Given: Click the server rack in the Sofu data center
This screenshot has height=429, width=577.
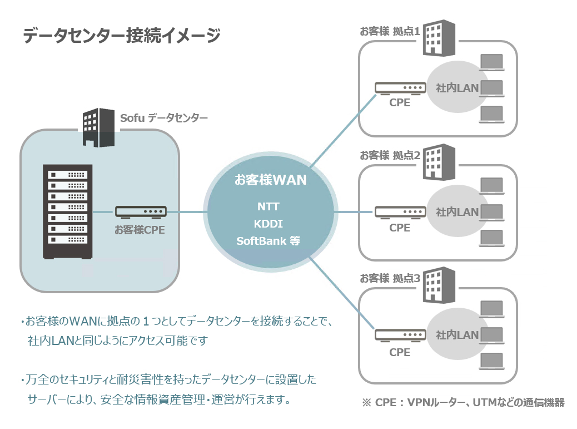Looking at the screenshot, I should pyautogui.click(x=66, y=211).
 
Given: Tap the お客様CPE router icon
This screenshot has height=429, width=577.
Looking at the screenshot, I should pyautogui.click(x=140, y=212).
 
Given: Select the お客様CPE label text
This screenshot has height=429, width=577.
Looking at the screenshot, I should pyautogui.click(x=140, y=229).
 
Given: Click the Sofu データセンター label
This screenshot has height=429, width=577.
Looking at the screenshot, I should pyautogui.click(x=164, y=118).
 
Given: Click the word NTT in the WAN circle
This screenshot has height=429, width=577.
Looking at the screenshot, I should pyautogui.click(x=268, y=206).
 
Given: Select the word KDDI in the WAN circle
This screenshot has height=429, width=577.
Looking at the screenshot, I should pyautogui.click(x=268, y=224).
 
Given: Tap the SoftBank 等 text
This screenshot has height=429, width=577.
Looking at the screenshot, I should pyautogui.click(x=268, y=241).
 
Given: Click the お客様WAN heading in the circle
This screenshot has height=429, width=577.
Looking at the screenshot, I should pyautogui.click(x=270, y=180).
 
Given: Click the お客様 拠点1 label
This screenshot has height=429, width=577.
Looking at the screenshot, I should pyautogui.click(x=390, y=31).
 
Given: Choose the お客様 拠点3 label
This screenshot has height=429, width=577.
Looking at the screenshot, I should pyautogui.click(x=390, y=278).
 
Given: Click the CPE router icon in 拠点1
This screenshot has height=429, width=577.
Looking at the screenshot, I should pyautogui.click(x=400, y=88).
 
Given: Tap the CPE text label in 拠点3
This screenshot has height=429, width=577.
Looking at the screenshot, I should pyautogui.click(x=400, y=352).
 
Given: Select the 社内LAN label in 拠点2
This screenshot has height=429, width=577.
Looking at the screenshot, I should pyautogui.click(x=457, y=212).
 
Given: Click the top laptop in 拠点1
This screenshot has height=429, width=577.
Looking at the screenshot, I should pyautogui.click(x=491, y=62).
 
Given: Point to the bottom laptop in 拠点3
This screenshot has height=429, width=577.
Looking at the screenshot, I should pyautogui.click(x=491, y=361).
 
